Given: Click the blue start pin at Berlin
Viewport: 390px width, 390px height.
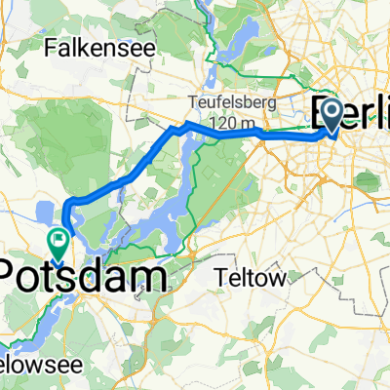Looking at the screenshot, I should point(331,115).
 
